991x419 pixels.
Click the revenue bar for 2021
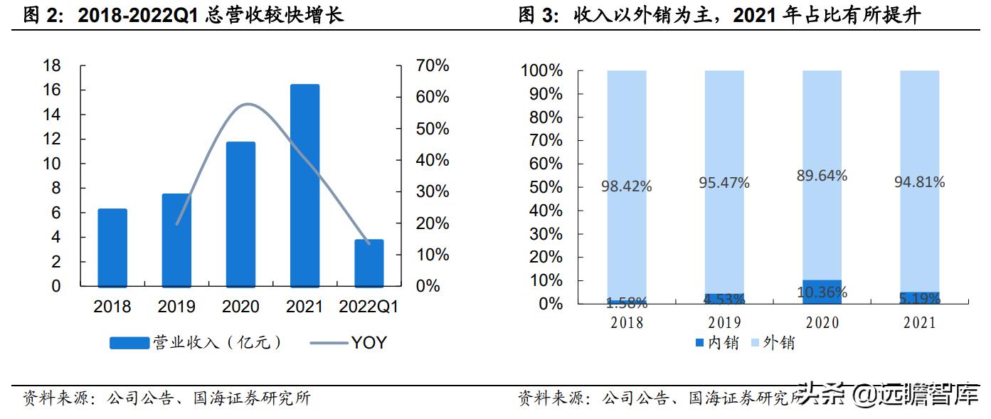pyautogui.click(x=304, y=185)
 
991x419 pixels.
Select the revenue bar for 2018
pyautogui.click(x=112, y=248)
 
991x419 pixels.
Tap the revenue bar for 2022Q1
pyautogui.click(x=369, y=262)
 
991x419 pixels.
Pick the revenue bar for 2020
pyautogui.click(x=240, y=213)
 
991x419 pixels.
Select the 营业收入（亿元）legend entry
pyautogui.click(x=197, y=343)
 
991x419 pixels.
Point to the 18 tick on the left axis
pyautogui.click(x=52, y=66)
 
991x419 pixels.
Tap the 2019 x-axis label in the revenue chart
pyautogui.click(x=176, y=307)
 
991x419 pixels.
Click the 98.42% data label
pyautogui.click(x=626, y=186)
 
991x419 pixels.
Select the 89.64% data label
pyautogui.click(x=822, y=176)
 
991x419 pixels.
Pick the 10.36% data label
pyautogui.click(x=822, y=292)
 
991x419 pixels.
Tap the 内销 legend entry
pyautogui.click(x=716, y=343)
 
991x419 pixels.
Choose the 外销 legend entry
pyautogui.click(x=771, y=343)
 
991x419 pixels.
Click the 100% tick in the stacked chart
pyautogui.click(x=542, y=71)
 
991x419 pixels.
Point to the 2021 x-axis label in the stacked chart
pyautogui.click(x=919, y=323)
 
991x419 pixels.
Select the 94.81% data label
pyautogui.click(x=919, y=182)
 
